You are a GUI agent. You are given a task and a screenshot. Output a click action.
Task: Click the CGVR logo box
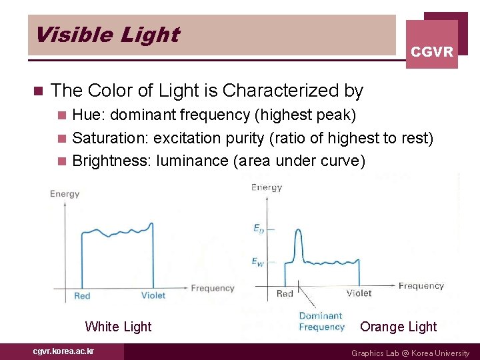pyautogui.click(x=432, y=44)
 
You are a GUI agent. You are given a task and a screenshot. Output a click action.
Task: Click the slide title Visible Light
pyautogui.click(x=107, y=35)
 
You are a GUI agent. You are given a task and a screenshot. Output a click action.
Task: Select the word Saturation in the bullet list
pyautogui.click(x=109, y=138)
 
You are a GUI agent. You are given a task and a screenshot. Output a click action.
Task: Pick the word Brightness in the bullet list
pyautogui.click(x=109, y=161)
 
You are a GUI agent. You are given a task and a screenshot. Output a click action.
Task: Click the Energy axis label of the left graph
pyautogui.click(x=65, y=194)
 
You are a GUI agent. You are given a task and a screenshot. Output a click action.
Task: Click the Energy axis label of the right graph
pyautogui.click(x=266, y=187)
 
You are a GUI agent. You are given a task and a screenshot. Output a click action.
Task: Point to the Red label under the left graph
pyautogui.click(x=82, y=295)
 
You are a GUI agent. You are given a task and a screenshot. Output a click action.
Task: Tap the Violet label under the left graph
pyautogui.click(x=153, y=295)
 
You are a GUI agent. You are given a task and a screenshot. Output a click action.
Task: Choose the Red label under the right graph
pyautogui.click(x=285, y=293)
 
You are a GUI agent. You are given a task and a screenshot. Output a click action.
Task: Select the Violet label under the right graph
pyautogui.click(x=359, y=293)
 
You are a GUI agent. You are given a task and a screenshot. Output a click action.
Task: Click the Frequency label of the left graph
pyautogui.click(x=213, y=288)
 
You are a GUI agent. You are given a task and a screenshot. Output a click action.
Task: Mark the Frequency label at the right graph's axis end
pyautogui.click(x=421, y=286)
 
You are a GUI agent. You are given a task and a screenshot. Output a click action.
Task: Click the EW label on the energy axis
pyautogui.click(x=257, y=262)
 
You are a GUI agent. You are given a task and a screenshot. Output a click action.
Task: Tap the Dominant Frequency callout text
pyautogui.click(x=321, y=321)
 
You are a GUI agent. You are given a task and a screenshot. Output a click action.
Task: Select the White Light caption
pyautogui.click(x=118, y=327)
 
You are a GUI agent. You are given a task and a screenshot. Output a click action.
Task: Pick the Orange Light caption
pyautogui.click(x=398, y=327)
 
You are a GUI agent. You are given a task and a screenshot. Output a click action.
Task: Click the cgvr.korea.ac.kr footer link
pyautogui.click(x=63, y=351)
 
